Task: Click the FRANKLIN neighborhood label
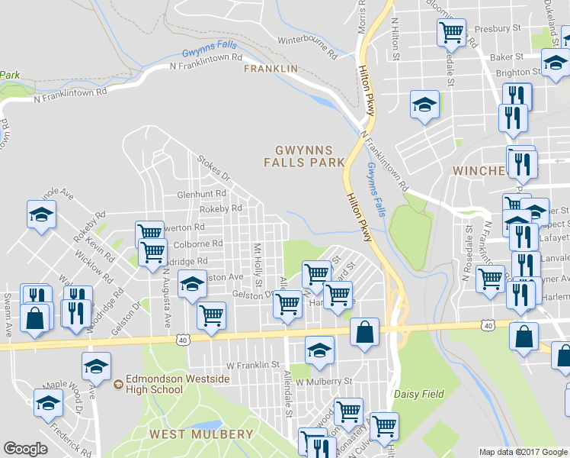click(x=271, y=69)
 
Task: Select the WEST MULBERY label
click(x=201, y=434)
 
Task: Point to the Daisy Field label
click(x=418, y=395)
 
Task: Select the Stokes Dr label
click(x=213, y=168)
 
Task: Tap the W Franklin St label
click(x=252, y=366)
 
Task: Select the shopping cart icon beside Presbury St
click(x=451, y=33)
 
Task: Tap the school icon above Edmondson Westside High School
click(x=96, y=366)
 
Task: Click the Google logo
click(x=25, y=449)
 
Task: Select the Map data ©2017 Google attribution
click(x=522, y=452)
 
